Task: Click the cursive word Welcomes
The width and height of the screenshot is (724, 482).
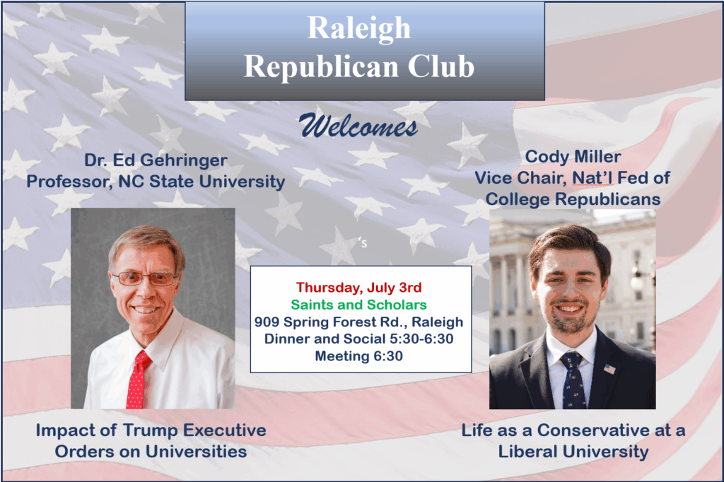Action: click(x=358, y=126)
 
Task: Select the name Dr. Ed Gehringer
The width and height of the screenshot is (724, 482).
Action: click(x=156, y=160)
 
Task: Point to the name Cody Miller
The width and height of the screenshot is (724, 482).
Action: click(x=573, y=156)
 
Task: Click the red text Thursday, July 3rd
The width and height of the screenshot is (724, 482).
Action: click(x=358, y=287)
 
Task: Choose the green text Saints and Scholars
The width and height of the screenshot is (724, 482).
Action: click(x=358, y=305)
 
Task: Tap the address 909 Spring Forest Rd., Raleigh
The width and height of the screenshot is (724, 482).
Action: click(x=358, y=322)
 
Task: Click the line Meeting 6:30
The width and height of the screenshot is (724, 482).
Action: click(x=358, y=356)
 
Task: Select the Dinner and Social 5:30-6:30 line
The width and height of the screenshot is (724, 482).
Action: click(x=358, y=339)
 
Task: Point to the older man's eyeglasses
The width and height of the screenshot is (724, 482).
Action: click(x=144, y=278)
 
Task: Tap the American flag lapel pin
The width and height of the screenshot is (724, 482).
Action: click(x=609, y=369)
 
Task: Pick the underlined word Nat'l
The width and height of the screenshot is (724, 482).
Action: click(x=592, y=178)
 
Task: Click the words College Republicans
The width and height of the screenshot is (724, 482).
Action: click(x=573, y=199)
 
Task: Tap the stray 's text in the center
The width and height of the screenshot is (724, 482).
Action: click(x=363, y=242)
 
